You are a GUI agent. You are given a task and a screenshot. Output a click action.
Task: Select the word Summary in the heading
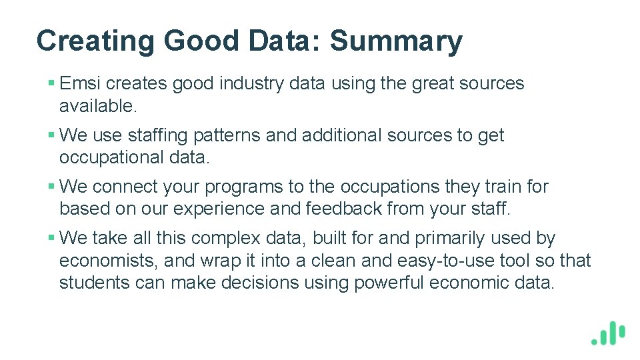click(x=396, y=41)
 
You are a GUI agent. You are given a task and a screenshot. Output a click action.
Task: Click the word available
click(x=98, y=105)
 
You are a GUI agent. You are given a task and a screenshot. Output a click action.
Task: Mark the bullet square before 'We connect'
click(x=51, y=187)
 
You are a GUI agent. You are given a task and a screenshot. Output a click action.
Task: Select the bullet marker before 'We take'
click(x=51, y=239)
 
